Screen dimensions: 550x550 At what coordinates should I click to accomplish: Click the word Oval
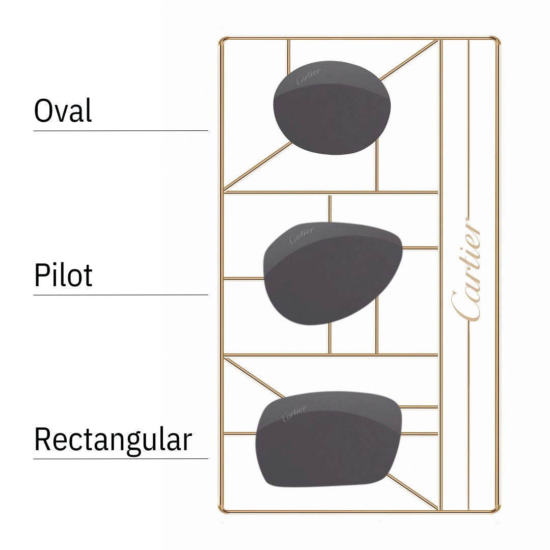(x=63, y=111)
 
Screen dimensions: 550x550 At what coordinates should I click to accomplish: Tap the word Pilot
(x=63, y=275)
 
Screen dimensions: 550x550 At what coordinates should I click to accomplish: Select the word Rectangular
(x=113, y=439)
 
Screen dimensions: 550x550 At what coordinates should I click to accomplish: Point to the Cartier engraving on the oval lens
(x=309, y=75)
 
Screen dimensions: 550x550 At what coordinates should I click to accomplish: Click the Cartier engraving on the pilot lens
(x=301, y=235)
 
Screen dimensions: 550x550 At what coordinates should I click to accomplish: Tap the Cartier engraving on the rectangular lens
(x=294, y=413)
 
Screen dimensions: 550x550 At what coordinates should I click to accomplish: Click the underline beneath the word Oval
(x=121, y=131)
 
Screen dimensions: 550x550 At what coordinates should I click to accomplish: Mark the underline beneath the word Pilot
(x=121, y=295)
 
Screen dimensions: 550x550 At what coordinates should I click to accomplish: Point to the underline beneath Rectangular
(x=121, y=459)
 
